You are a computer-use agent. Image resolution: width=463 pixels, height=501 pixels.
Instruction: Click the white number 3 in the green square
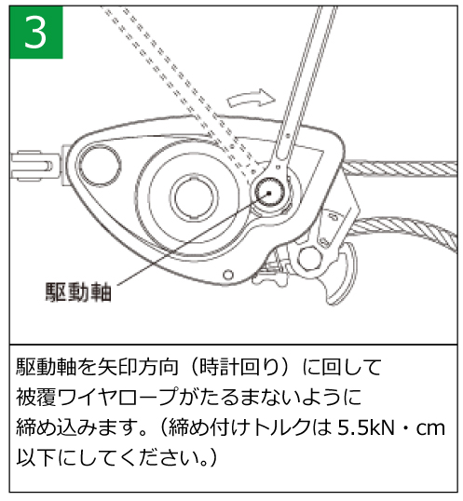35,32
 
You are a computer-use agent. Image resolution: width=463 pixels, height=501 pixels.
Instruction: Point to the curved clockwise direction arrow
251,98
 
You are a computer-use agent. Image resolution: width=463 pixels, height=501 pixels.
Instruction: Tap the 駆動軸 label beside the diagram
78,292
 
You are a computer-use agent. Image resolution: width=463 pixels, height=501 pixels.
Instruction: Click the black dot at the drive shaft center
269,193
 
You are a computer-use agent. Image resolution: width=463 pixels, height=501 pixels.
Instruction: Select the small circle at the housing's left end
100,165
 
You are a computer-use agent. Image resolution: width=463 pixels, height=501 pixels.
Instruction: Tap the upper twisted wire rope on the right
400,169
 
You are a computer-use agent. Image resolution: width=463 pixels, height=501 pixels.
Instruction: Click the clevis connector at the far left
35,166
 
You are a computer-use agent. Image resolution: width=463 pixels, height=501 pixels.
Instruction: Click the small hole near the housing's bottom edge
228,275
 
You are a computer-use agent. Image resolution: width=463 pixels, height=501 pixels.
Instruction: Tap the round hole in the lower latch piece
309,258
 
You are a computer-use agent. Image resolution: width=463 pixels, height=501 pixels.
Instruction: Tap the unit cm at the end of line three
430,428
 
